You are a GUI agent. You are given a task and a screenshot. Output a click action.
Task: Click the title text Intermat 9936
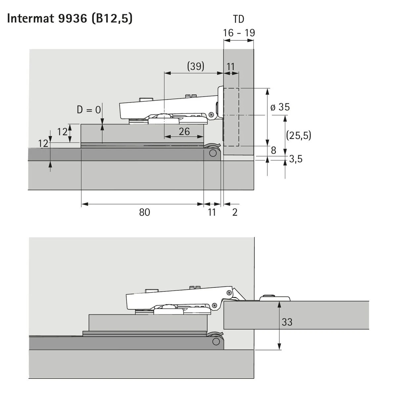[x=47, y=19]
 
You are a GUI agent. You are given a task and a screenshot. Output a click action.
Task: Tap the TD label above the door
[x=239, y=19]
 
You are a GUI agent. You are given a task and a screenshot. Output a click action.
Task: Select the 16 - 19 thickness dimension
[x=239, y=33]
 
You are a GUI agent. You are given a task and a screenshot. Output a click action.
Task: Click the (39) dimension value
[x=196, y=66]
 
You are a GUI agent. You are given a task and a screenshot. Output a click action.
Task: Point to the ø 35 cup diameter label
[x=280, y=107]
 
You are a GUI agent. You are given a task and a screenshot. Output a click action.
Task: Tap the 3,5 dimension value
[x=296, y=159]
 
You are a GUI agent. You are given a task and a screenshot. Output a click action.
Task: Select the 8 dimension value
[x=273, y=151]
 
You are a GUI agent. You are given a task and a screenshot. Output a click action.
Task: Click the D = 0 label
[x=89, y=110]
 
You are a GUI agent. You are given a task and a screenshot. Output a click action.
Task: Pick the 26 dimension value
[x=184, y=131]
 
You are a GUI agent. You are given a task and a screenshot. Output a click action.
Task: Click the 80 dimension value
[x=145, y=212]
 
